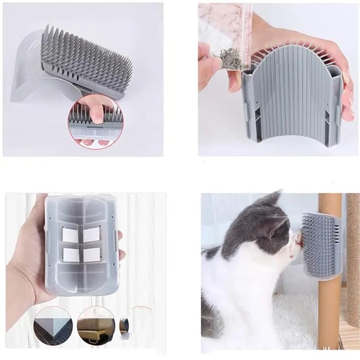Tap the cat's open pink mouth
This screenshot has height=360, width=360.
coord(298,240)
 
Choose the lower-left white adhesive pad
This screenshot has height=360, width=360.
coord(71,255)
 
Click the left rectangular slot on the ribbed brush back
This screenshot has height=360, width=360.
coord(248,111)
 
